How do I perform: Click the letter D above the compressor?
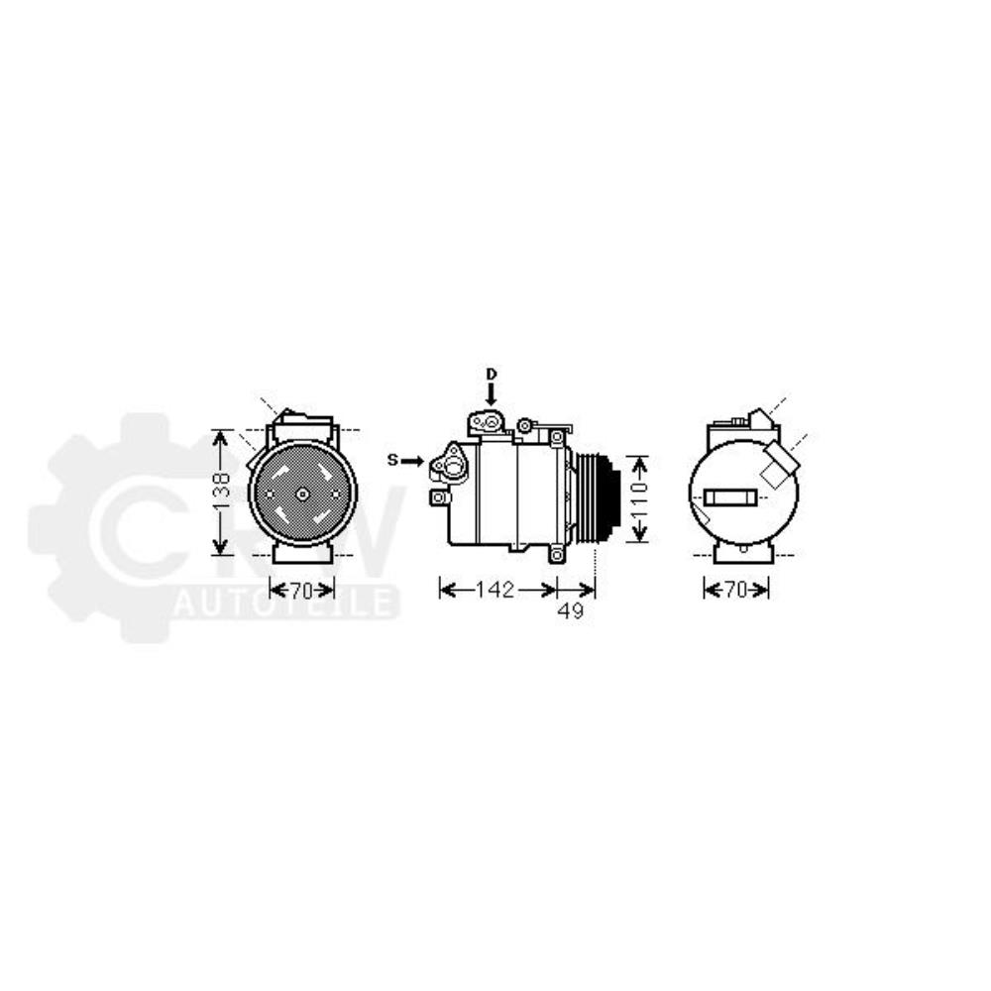click(x=491, y=374)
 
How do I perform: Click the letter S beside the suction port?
click(x=391, y=460)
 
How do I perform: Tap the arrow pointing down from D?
click(x=491, y=394)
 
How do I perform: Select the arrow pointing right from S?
click(x=412, y=461)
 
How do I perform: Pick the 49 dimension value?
click(x=570, y=611)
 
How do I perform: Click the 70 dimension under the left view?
click(x=301, y=591)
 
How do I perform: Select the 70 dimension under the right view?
click(x=735, y=591)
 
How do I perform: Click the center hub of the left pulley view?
click(x=302, y=493)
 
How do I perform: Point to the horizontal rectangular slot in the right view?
click(x=728, y=496)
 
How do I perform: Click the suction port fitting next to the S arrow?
click(x=452, y=464)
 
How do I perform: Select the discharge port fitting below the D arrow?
click(x=489, y=423)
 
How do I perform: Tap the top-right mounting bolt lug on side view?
click(x=557, y=437)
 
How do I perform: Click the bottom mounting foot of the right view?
click(x=742, y=552)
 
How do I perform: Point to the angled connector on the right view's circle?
click(x=779, y=462)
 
